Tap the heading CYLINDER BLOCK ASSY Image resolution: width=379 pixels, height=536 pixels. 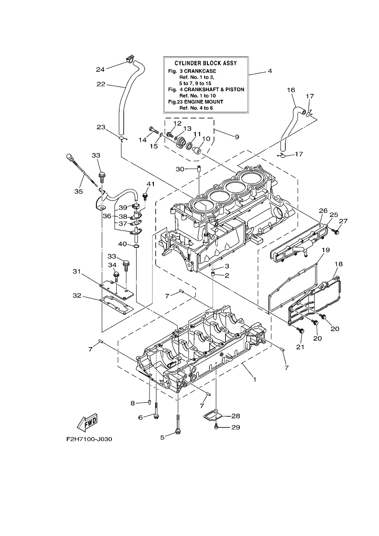pyautogui.click(x=206, y=63)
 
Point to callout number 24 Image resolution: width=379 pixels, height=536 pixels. pyautogui.click(x=101, y=70)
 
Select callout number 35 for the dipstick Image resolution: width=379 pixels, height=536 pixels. pyautogui.click(x=79, y=191)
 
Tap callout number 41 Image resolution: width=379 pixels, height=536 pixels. pyautogui.click(x=150, y=184)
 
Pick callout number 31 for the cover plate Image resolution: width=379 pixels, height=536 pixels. pyautogui.click(x=77, y=271)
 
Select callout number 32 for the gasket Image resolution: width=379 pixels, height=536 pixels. pyautogui.click(x=77, y=296)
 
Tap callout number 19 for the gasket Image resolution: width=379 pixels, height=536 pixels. pyautogui.click(x=326, y=250)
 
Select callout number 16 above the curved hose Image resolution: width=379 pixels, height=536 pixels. pyautogui.click(x=291, y=90)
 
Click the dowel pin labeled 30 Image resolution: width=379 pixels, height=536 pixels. pyautogui.click(x=199, y=169)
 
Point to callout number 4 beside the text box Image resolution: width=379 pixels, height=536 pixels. pyautogui.click(x=270, y=71)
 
